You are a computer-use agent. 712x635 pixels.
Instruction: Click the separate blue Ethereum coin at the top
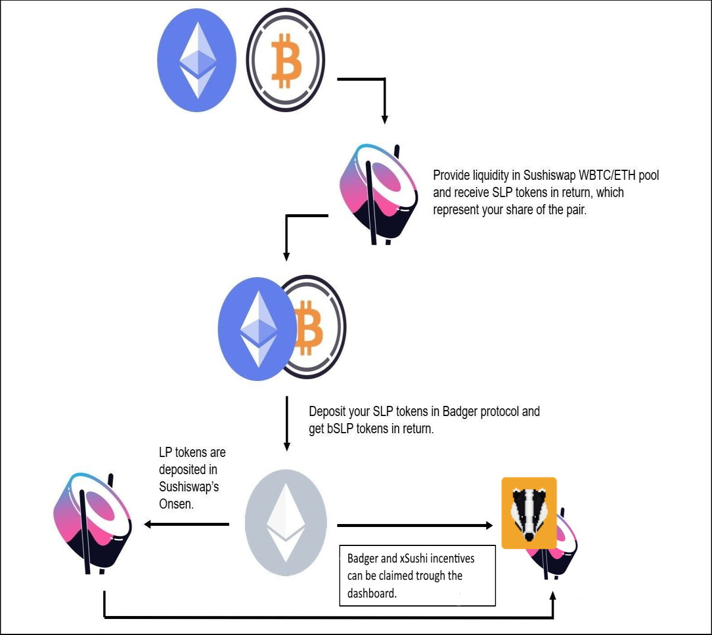pos(197,60)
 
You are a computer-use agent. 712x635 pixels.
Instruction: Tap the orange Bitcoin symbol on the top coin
pos(287,61)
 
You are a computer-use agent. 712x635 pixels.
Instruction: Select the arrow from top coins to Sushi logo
pos(385,80)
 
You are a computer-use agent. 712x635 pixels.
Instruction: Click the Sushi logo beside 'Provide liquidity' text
pos(379,195)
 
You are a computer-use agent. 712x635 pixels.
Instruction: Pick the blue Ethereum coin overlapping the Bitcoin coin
pos(258,329)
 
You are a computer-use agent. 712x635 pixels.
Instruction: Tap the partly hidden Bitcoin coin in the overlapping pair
pos(314,327)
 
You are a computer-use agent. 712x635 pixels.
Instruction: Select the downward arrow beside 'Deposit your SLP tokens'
pos(287,423)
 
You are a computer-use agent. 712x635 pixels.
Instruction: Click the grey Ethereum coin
pos(286,522)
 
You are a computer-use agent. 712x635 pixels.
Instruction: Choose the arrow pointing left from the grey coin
pos(187,524)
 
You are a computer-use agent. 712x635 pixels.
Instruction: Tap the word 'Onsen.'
pos(176,504)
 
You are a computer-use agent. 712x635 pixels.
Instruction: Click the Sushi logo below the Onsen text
pos(93,524)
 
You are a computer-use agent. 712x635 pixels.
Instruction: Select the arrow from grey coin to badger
pos(415,525)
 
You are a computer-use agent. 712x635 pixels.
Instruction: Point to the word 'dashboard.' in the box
pos(372,593)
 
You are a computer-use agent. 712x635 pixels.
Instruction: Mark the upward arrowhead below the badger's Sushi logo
pos(553,596)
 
